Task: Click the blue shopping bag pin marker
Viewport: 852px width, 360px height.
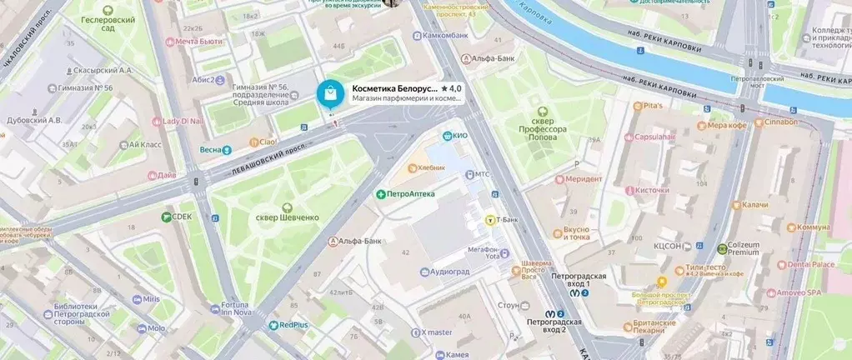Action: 331,94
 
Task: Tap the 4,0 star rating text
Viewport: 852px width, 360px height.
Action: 451,87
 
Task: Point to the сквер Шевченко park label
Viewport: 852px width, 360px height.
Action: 287,217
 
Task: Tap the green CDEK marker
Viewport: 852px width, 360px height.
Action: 167,217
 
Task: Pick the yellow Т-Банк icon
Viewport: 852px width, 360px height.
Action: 490,220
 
